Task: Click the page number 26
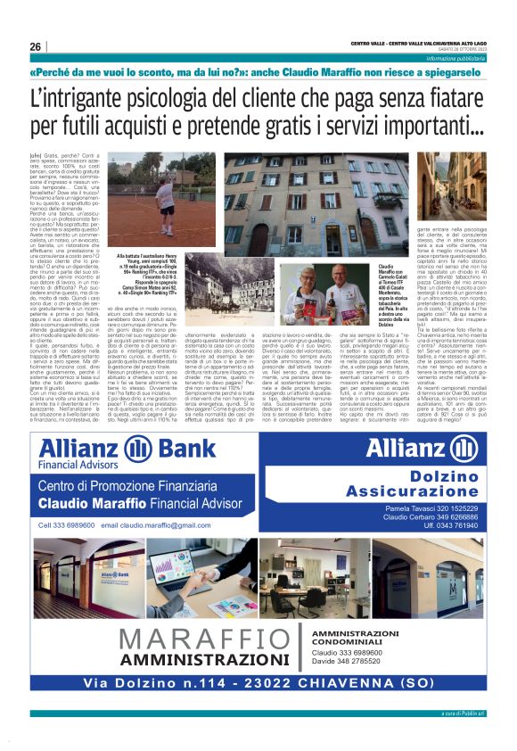pyautogui.click(x=36, y=46)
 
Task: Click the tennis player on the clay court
pyautogui.click(x=166, y=191)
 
